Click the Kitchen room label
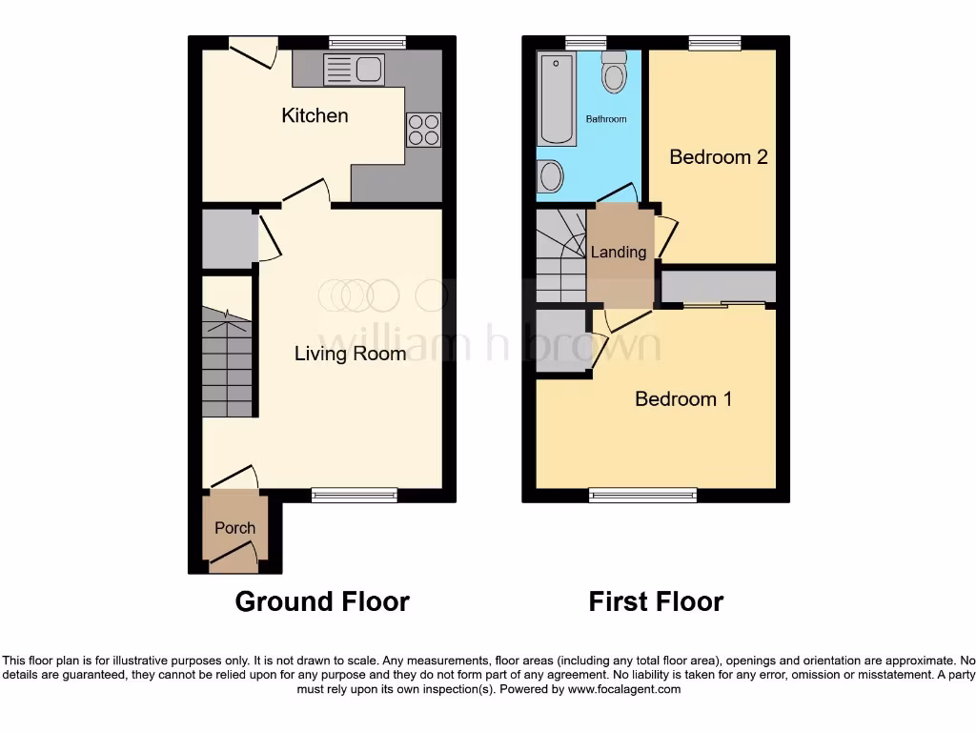315,115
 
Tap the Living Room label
350,354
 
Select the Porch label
234,527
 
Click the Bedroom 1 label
683,398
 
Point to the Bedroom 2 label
718,156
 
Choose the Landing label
619,253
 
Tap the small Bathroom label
606,119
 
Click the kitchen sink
354,70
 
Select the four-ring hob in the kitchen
424,130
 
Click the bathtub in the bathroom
556,99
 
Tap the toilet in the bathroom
615,71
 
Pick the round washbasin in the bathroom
550,176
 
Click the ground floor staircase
228,362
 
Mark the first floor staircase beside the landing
560,255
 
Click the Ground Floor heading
322,601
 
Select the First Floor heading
656,601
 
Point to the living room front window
354,494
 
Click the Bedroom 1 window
642,494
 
